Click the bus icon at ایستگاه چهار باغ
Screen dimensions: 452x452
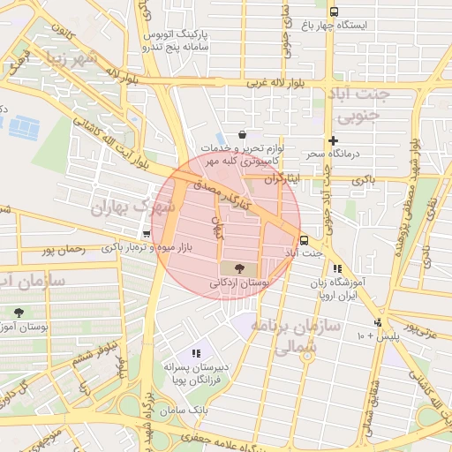click(333, 11)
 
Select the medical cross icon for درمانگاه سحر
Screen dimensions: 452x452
click(333, 140)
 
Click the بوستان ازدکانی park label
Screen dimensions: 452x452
click(238, 282)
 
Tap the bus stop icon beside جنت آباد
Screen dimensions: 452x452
click(304, 239)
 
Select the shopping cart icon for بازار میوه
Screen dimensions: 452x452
click(146, 234)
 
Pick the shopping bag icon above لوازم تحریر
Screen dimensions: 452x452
click(242, 134)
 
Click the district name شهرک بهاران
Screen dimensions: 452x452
click(133, 206)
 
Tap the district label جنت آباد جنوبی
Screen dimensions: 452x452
click(358, 103)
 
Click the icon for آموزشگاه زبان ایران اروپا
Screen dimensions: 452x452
click(336, 268)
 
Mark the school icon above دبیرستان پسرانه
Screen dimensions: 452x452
click(196, 353)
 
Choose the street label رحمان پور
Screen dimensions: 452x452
click(63, 249)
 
